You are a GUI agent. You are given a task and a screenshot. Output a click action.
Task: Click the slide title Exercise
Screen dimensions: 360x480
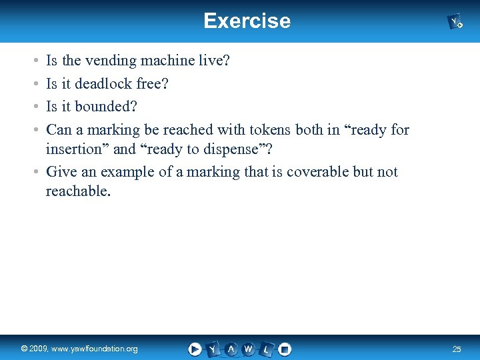pyautogui.click(x=247, y=21)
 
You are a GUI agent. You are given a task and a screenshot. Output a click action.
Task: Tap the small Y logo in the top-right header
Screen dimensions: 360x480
pyautogui.click(x=455, y=22)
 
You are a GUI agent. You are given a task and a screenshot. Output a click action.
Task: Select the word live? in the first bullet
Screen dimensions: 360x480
pyautogui.click(x=214, y=61)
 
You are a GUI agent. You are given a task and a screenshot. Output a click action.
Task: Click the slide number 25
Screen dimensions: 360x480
pyautogui.click(x=456, y=349)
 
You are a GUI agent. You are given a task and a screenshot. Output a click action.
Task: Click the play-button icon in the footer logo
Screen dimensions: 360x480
pyautogui.click(x=195, y=349)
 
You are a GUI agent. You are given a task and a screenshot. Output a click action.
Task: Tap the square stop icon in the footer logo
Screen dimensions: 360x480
pyautogui.click(x=285, y=349)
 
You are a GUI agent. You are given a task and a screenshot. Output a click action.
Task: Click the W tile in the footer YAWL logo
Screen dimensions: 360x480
pyautogui.click(x=249, y=349)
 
